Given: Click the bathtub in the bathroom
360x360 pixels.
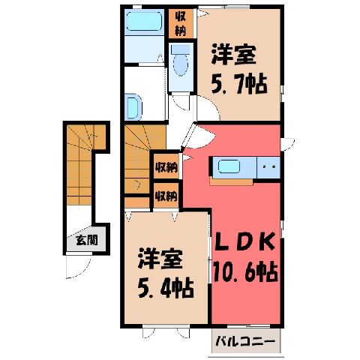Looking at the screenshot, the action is pyautogui.click(x=144, y=22).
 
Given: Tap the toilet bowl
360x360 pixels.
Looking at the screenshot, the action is pyautogui.click(x=181, y=61).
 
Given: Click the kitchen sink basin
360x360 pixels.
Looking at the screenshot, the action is pyautogui.click(x=229, y=166).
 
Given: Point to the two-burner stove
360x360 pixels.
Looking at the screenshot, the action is pyautogui.click(x=268, y=167).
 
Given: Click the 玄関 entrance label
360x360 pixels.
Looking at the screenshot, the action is pyautogui.click(x=87, y=240).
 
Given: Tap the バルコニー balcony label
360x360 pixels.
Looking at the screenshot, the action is pyautogui.click(x=245, y=341).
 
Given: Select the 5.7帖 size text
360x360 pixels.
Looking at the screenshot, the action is pyautogui.click(x=239, y=84).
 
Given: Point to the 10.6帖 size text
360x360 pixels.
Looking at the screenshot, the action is pyautogui.click(x=245, y=272).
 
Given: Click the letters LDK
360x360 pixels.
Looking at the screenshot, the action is pyautogui.click(x=245, y=242).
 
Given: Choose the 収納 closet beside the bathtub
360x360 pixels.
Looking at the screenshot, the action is pyautogui.click(x=181, y=24).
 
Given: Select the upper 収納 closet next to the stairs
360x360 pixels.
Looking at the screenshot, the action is pyautogui.click(x=166, y=166).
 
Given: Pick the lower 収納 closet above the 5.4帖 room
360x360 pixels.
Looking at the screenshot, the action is pyautogui.click(x=166, y=195).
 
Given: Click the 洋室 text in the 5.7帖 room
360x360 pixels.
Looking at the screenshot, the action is pyautogui.click(x=234, y=54).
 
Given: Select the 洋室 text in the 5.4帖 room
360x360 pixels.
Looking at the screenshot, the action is pyautogui.click(x=160, y=259).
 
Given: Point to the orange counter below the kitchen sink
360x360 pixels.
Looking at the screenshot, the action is pyautogui.click(x=231, y=181).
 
